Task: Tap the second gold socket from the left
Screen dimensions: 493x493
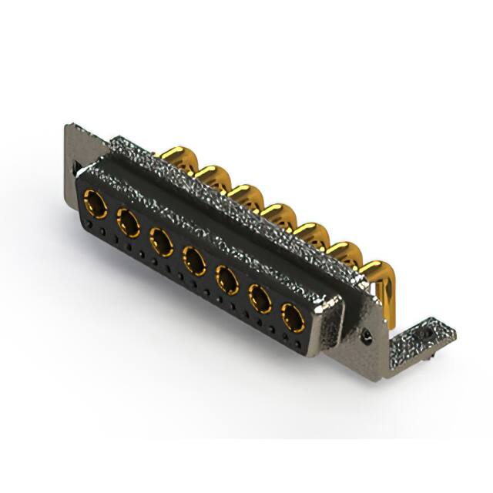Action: pyautogui.click(x=129, y=224)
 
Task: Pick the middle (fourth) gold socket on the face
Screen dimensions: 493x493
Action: pyautogui.click(x=194, y=259)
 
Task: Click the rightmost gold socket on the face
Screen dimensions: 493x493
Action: pyautogui.click(x=293, y=316)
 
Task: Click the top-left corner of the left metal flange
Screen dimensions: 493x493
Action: pyautogui.click(x=67, y=125)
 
